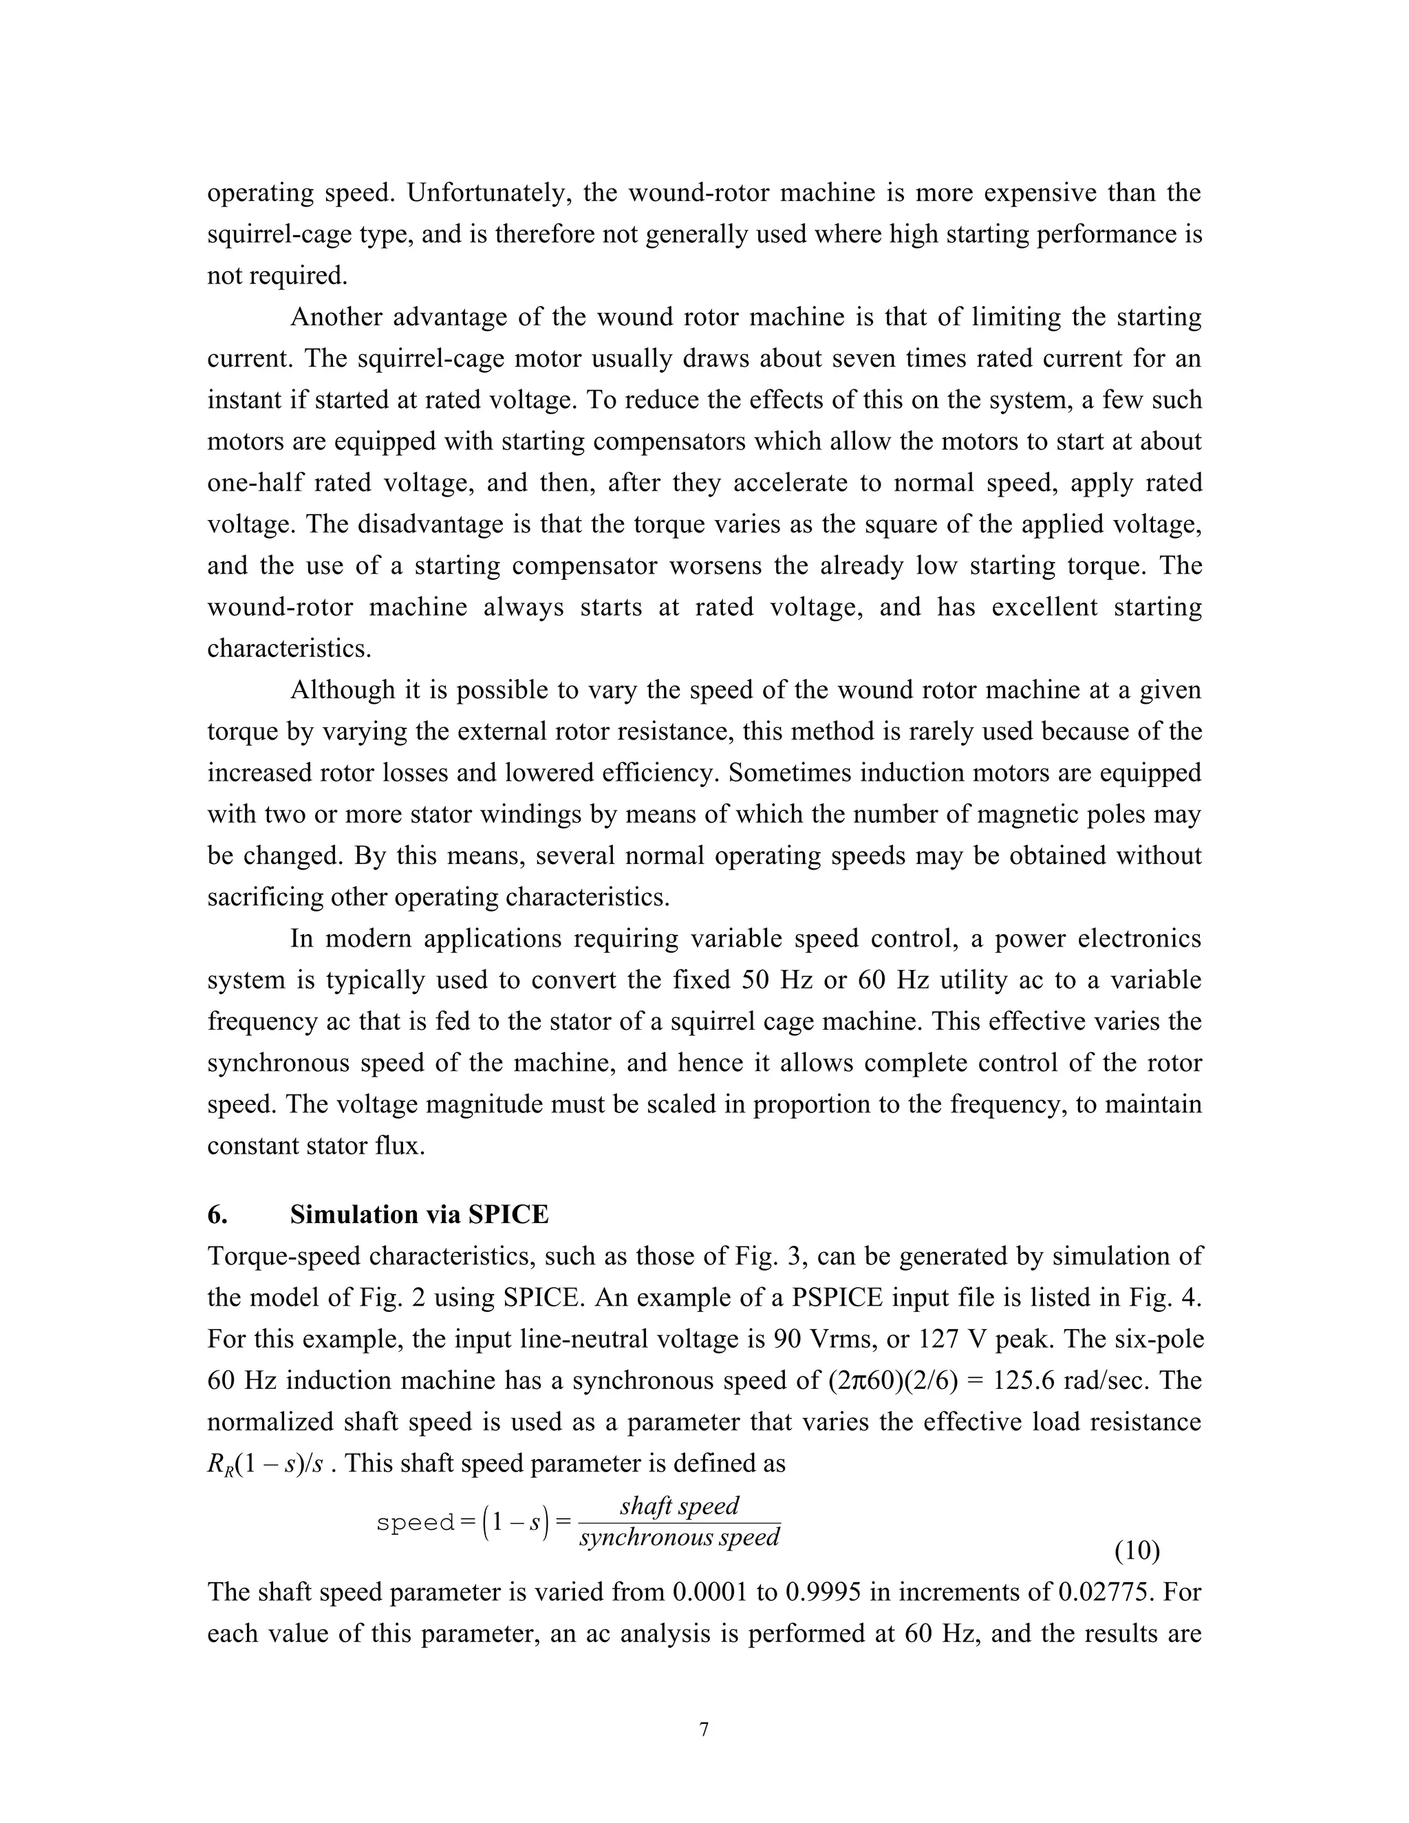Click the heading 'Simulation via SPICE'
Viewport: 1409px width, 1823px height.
pyautogui.click(x=419, y=1214)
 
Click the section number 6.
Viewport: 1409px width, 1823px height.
pyautogui.click(x=217, y=1214)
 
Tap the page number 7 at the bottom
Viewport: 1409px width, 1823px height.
pyautogui.click(x=703, y=1729)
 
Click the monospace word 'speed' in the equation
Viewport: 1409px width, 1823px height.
pyautogui.click(x=415, y=1522)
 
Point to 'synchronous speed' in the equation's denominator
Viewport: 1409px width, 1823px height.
pyautogui.click(x=678, y=1538)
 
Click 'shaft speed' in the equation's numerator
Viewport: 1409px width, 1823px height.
pyautogui.click(x=678, y=1506)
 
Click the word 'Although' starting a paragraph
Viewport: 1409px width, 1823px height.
pyautogui.click(x=341, y=690)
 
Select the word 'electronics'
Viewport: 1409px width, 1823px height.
pyautogui.click(x=1139, y=939)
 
